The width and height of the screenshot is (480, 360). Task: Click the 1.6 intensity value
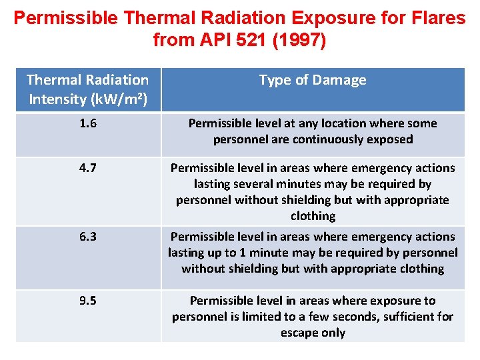coord(87,123)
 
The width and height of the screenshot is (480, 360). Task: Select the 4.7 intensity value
coord(87,168)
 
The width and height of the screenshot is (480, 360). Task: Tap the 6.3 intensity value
coord(87,237)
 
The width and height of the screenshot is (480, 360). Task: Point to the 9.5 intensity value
coord(87,301)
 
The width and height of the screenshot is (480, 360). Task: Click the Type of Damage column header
coord(313,80)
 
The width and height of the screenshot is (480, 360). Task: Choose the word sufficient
coord(407,317)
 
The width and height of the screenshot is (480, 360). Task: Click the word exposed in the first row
coord(390,139)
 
